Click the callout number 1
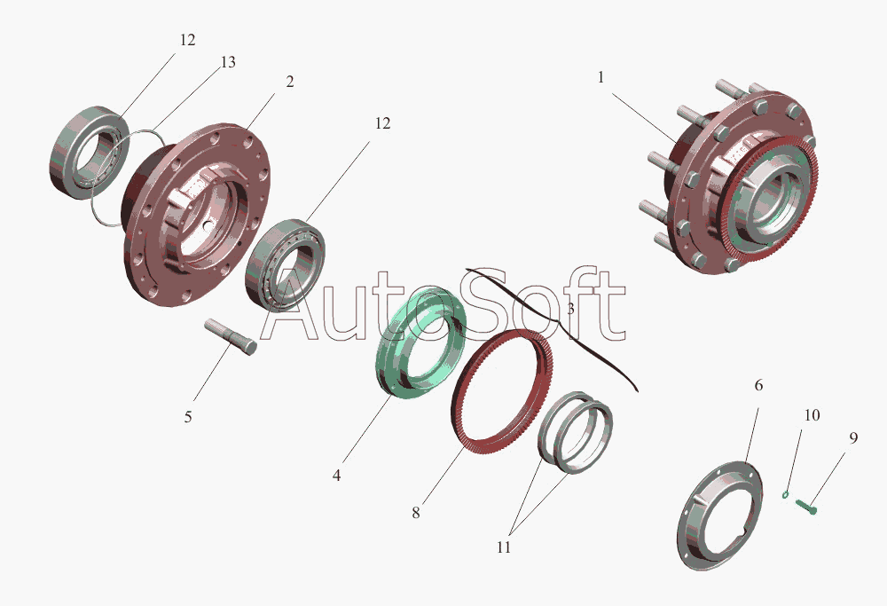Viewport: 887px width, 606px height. (600, 77)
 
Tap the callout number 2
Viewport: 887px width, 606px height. (290, 82)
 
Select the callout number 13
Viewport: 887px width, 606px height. (228, 62)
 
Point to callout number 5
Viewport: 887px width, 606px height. (188, 417)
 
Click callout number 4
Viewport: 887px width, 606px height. (336, 476)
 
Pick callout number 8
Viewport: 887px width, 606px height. (416, 513)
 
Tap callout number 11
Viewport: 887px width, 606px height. (504, 547)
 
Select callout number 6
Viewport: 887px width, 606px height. (758, 385)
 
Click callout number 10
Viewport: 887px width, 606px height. (812, 415)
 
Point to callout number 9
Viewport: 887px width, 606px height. (853, 438)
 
